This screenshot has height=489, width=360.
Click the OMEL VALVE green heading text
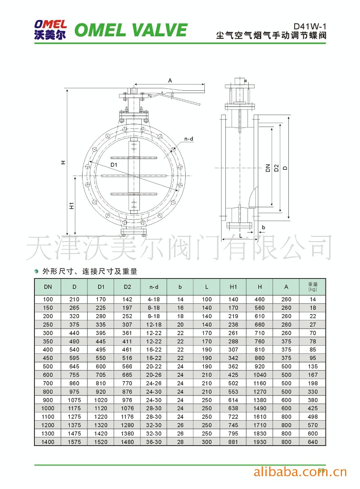click(131, 30)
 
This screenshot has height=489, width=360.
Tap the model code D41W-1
click(310, 27)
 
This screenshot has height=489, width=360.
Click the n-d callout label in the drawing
click(189, 139)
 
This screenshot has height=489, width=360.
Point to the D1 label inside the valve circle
click(114, 165)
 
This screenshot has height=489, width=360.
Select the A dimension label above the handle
click(170, 80)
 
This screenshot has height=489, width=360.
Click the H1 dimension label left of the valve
click(72, 205)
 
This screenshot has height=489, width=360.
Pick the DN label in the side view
click(268, 168)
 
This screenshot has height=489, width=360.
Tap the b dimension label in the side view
click(264, 227)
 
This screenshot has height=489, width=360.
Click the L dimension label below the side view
click(241, 236)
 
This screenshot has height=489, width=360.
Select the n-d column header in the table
click(154, 287)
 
